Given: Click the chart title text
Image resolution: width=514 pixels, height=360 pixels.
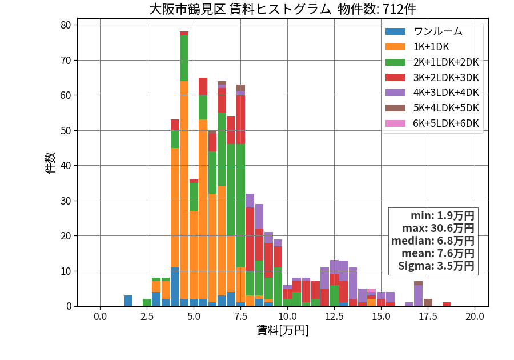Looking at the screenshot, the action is click(283, 9).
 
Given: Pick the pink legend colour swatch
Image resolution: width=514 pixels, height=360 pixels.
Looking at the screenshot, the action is click(395, 123).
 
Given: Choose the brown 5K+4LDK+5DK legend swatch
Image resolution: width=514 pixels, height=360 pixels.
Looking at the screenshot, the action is click(395, 108).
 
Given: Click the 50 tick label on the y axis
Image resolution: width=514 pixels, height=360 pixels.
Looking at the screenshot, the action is click(66, 131).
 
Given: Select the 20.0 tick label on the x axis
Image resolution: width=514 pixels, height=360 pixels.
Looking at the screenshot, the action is click(475, 317).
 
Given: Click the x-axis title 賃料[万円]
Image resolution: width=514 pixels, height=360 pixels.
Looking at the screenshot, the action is click(283, 330).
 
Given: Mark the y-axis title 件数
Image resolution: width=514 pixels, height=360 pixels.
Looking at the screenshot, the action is click(50, 163).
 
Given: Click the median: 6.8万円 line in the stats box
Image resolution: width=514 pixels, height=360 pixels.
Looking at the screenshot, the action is click(433, 241).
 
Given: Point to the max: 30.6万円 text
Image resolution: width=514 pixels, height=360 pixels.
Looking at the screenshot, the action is click(438, 228).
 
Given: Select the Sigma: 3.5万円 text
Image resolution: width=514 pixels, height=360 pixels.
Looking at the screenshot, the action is click(436, 266).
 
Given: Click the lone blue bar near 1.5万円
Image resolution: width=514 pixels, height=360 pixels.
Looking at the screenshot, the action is click(128, 301).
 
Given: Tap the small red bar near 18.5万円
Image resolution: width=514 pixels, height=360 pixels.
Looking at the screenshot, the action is click(447, 305).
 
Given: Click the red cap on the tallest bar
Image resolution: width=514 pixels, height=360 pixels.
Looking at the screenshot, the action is click(184, 34).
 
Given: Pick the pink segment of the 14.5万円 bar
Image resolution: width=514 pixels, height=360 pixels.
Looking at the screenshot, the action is click(371, 290).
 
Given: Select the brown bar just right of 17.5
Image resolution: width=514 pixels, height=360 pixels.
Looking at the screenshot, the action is click(428, 303).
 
